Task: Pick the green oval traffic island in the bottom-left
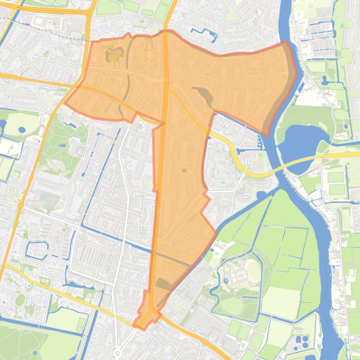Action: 20,300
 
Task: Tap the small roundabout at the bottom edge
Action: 117,354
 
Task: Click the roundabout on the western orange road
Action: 21,205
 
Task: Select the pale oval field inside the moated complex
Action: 253,270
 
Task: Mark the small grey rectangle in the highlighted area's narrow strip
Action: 184,171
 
